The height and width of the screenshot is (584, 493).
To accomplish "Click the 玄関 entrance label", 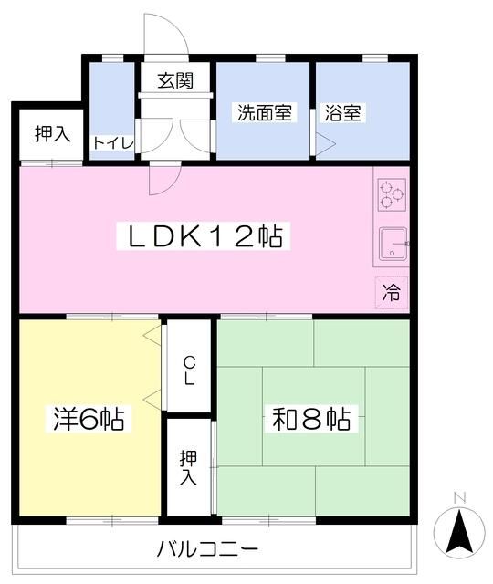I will tap(174, 81).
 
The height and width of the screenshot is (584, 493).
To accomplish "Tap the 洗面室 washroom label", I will tap(265, 114).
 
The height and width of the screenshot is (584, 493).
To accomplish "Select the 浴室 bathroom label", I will tap(343, 114).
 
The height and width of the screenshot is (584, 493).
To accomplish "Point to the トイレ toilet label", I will tap(114, 143).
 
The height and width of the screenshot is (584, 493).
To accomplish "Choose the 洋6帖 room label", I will tap(87, 420).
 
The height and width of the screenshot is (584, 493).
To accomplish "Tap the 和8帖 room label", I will tap(311, 420).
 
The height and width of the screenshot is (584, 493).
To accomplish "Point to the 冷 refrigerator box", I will tap(391, 294).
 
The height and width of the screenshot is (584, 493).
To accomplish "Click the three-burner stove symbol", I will tap(391, 193).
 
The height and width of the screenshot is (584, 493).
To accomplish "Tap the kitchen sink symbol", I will tap(393, 244).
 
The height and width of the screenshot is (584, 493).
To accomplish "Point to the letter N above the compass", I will tap(460, 498).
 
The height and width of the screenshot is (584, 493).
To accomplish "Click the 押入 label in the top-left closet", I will tap(52, 134).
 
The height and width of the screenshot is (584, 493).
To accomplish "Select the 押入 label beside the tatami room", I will tap(188, 467).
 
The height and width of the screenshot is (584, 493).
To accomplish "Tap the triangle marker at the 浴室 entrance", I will tap(322, 142).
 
